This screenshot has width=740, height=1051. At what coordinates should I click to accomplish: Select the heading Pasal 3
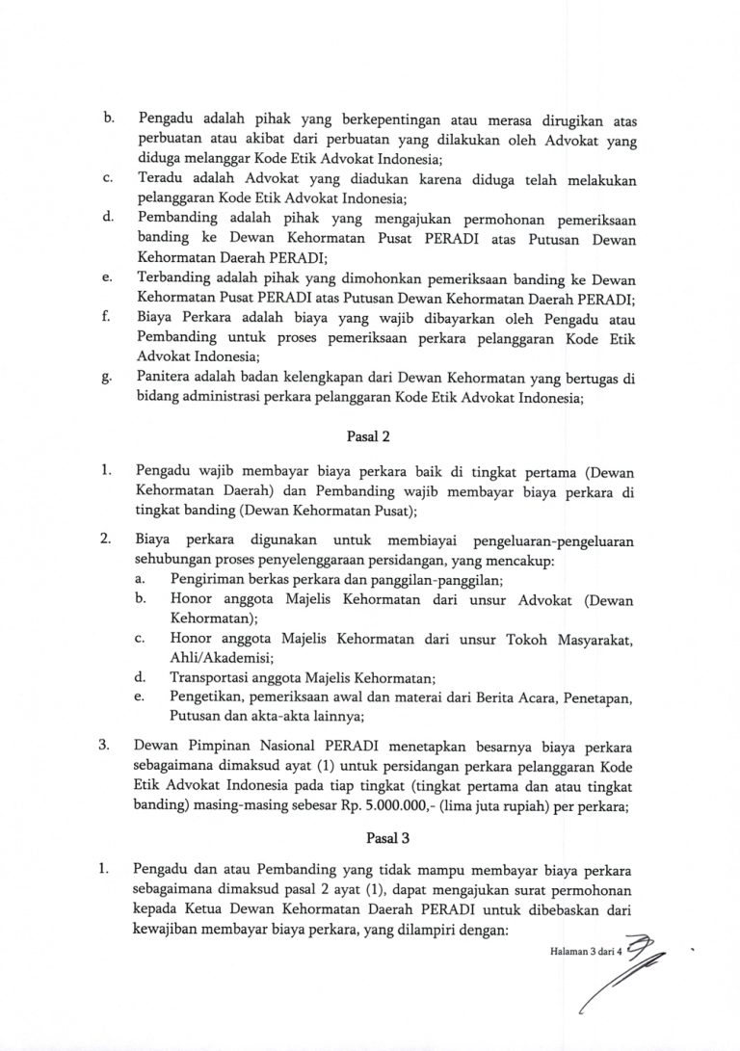click(x=370, y=839)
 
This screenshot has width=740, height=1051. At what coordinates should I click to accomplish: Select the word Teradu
click(x=161, y=180)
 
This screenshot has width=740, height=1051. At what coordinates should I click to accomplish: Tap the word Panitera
click(x=166, y=377)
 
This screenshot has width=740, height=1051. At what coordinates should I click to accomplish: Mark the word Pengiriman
click(x=207, y=579)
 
